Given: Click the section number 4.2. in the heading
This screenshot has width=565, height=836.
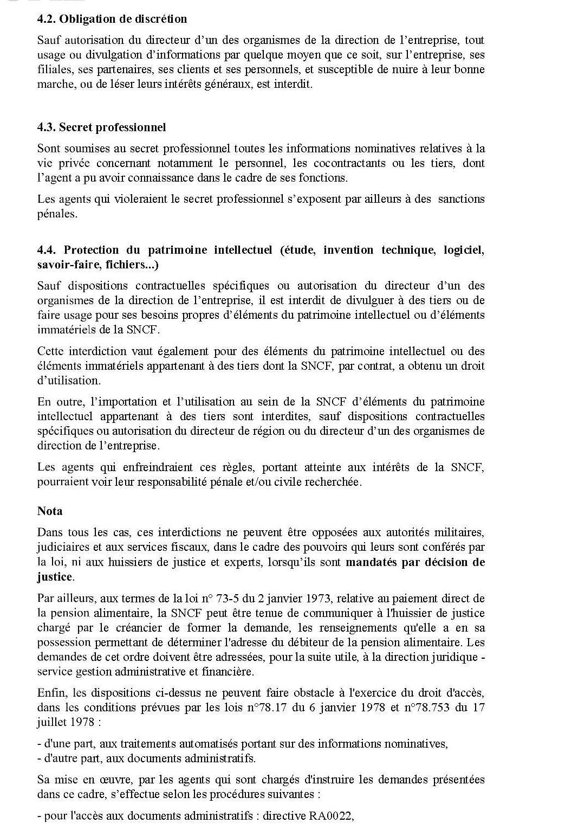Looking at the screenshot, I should [x=46, y=19].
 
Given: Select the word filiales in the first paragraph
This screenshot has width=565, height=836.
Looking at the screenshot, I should [x=55, y=69].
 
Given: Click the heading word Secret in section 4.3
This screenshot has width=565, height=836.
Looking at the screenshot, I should [x=75, y=127].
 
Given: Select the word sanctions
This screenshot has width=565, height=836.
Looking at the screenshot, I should [x=461, y=199].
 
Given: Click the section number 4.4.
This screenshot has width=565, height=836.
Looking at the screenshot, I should [x=47, y=250].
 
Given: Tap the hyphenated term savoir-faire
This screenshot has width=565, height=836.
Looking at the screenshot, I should [x=65, y=265].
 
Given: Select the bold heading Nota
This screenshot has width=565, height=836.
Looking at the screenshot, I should [x=50, y=511].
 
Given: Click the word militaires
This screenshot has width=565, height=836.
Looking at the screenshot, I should [x=456, y=533].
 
